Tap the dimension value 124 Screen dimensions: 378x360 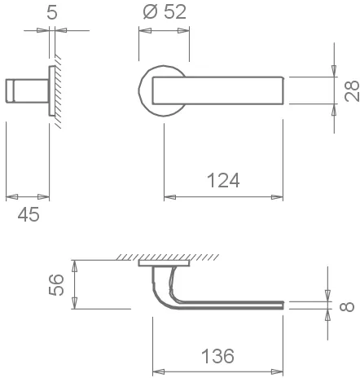(222, 181)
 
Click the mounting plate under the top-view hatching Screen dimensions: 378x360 (165, 264)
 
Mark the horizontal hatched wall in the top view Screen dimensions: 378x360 (163, 257)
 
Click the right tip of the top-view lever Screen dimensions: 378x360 (282, 305)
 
